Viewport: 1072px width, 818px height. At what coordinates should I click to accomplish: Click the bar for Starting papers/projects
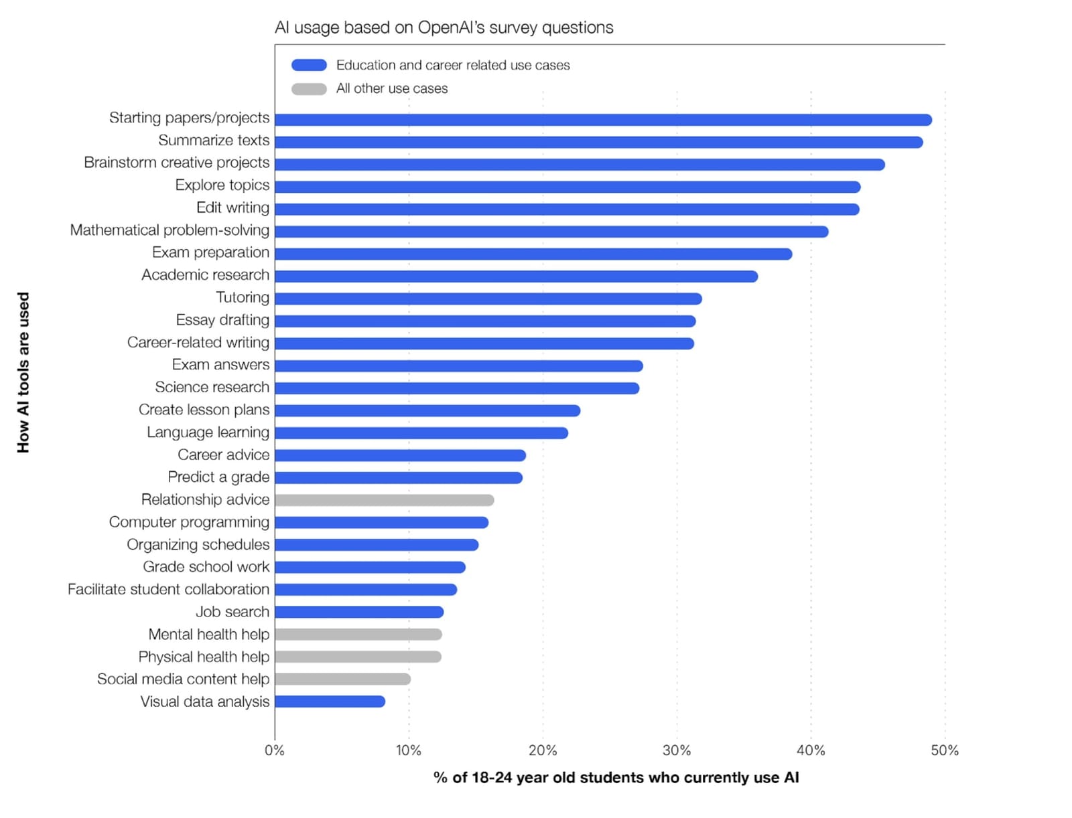[x=603, y=120]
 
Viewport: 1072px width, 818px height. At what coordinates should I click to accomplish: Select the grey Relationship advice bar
[x=384, y=500]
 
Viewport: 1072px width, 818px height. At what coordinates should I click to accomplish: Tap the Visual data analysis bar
[x=330, y=702]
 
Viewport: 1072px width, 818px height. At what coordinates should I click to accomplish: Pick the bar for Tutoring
[x=488, y=299]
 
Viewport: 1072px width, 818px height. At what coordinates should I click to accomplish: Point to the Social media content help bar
[x=342, y=679]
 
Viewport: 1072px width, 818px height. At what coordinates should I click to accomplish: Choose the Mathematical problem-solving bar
[x=551, y=232]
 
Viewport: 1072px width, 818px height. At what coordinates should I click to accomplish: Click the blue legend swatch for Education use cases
[x=309, y=65]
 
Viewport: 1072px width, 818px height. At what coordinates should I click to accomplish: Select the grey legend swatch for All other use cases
[x=309, y=88]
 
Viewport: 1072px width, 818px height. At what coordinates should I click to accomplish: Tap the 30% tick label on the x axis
[x=677, y=750]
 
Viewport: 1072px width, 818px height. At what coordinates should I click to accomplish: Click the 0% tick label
[x=275, y=750]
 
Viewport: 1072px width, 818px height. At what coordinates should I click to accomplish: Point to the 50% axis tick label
[x=945, y=750]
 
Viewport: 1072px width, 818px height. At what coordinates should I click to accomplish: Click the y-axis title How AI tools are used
[x=23, y=372]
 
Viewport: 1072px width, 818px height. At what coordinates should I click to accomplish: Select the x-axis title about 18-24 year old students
[x=616, y=778]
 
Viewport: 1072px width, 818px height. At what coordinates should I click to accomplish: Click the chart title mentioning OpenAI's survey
[x=444, y=27]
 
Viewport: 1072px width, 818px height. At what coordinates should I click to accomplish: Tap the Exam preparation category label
[x=210, y=252]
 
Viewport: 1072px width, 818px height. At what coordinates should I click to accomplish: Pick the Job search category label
[x=232, y=612]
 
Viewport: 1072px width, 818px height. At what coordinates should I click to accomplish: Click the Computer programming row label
[x=189, y=522]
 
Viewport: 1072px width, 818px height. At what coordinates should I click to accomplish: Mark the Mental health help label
[x=208, y=634]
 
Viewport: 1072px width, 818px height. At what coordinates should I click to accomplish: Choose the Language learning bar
[x=421, y=433]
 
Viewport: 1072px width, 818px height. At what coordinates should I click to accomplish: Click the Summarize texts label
[x=214, y=141]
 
